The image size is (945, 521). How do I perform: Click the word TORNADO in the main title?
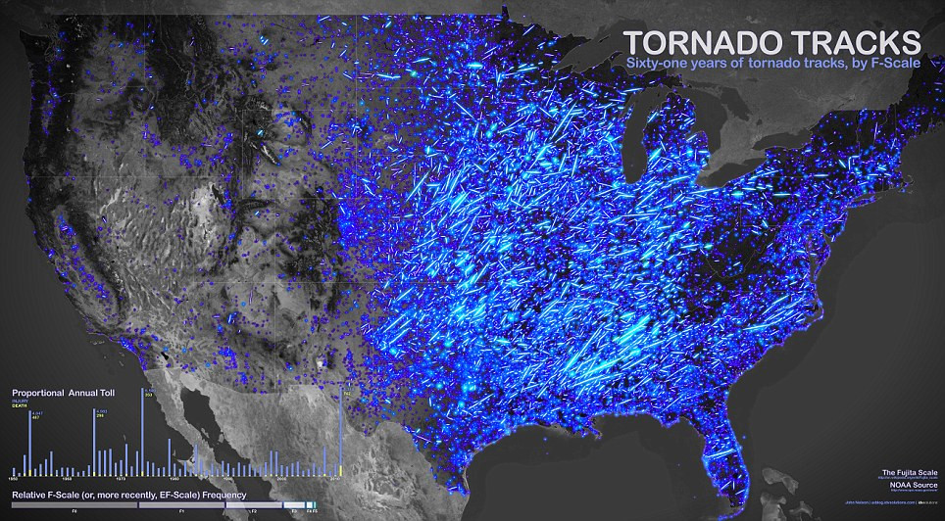coord(697,43)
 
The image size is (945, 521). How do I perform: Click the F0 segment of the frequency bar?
coord(75,505)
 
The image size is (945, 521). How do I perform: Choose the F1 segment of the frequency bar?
coord(181,505)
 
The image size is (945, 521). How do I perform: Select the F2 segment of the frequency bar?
coord(254,505)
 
